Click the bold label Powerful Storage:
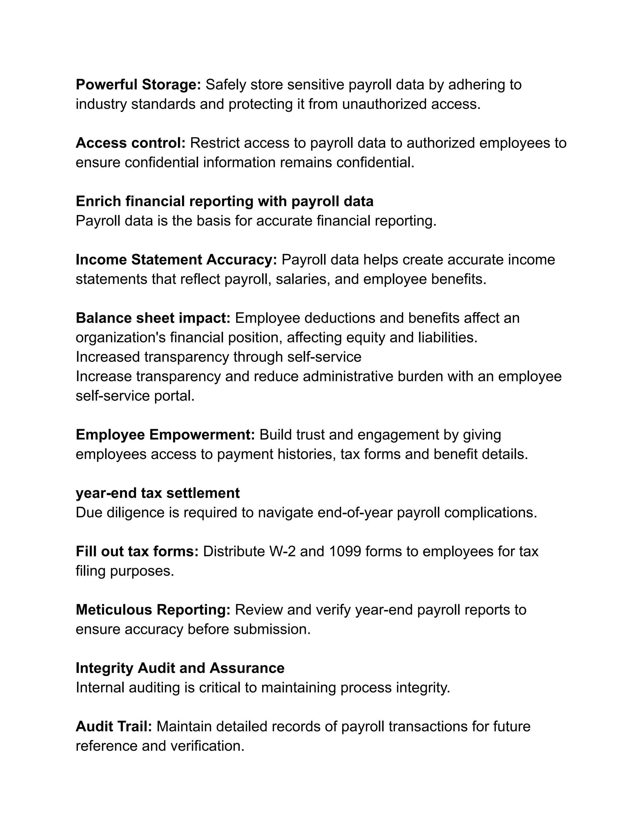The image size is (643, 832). [x=138, y=84]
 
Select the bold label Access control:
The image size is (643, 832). [x=130, y=143]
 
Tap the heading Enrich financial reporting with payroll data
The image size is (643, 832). [x=224, y=201]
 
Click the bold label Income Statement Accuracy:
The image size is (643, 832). [x=176, y=260]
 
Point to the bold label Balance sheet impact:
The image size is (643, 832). [x=153, y=318]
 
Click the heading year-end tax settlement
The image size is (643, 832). [x=158, y=493]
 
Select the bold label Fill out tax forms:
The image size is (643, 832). [x=137, y=551]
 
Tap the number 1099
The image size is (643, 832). [x=344, y=551]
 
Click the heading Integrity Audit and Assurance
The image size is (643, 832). [x=180, y=668]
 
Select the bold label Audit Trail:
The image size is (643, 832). [x=114, y=726]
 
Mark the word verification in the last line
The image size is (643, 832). [x=207, y=746]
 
